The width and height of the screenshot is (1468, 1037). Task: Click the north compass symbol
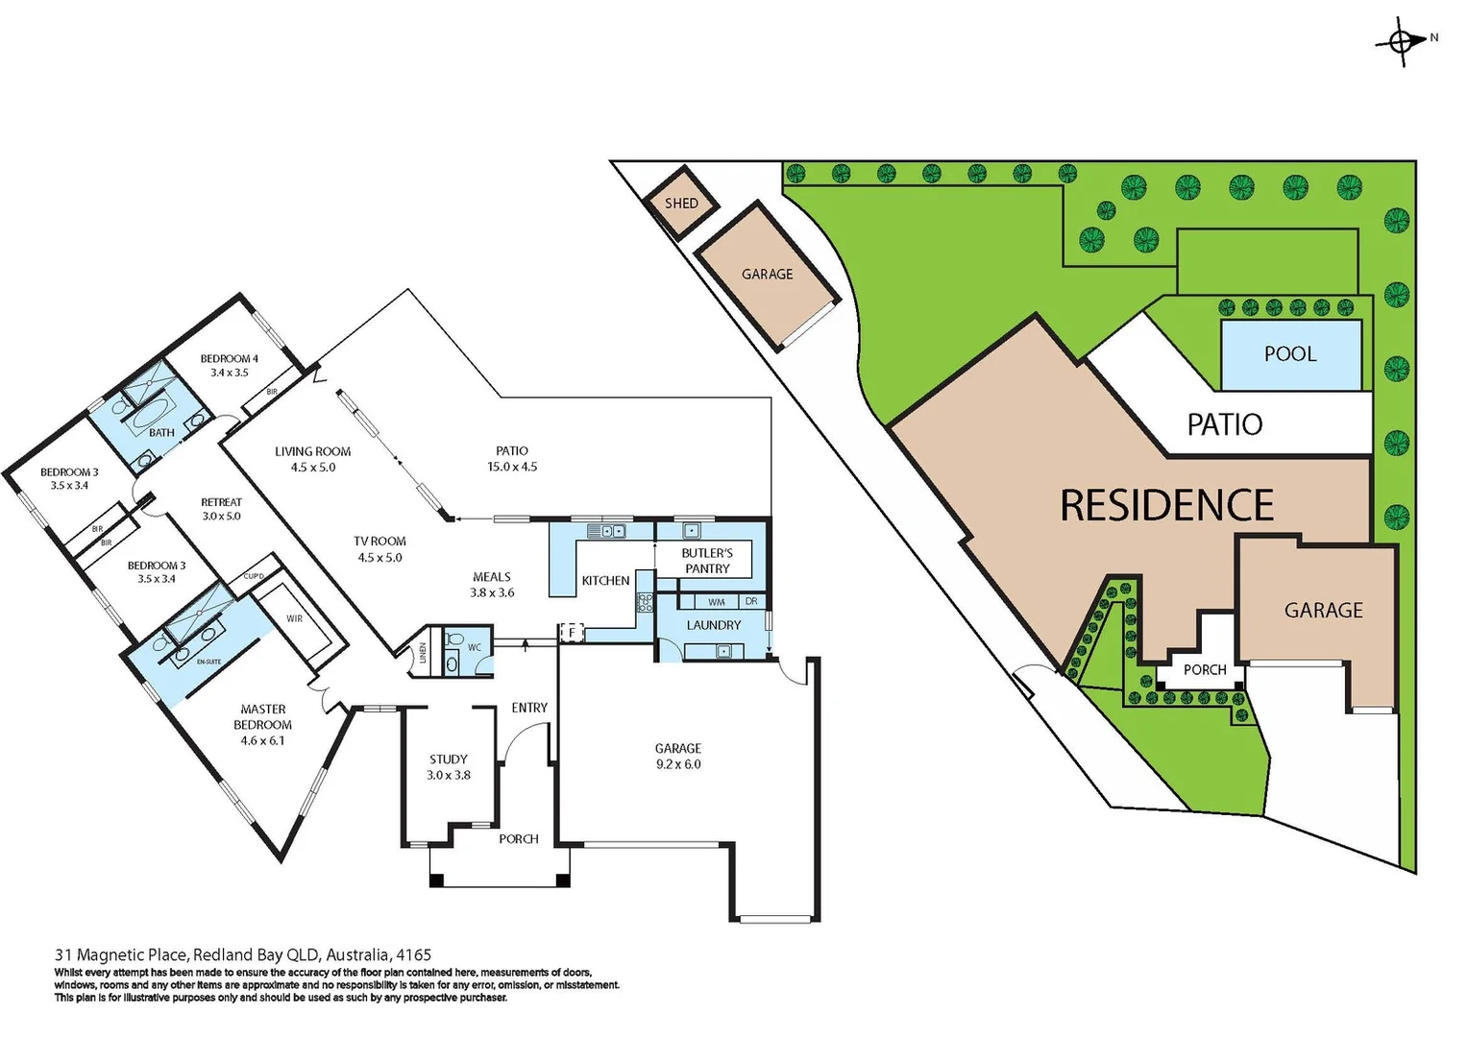1402,41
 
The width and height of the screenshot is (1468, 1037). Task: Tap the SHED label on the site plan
681,204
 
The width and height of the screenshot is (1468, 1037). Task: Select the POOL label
1289,354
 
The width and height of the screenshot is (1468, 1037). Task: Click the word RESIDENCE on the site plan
1166,506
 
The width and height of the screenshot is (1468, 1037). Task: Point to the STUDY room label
449,760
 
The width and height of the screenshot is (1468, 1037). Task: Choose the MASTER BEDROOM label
262,717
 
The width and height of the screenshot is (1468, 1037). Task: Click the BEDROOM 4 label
229,359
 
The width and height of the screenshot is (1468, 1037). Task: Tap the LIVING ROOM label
312,451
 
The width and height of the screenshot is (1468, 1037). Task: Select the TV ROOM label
379,542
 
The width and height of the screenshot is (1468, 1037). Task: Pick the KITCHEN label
605,581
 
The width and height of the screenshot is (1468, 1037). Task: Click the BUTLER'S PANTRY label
707,561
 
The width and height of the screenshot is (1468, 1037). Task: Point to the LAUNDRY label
713,625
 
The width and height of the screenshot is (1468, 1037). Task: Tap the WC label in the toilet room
475,648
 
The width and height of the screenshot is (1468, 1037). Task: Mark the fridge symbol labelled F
572,632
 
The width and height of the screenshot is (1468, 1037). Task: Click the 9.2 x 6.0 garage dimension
678,764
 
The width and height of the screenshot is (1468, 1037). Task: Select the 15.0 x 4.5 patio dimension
512,468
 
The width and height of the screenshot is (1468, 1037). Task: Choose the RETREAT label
221,502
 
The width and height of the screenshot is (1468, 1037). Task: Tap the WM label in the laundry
717,602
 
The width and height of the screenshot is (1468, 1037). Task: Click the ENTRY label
529,708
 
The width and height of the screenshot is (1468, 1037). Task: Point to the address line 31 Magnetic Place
243,955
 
